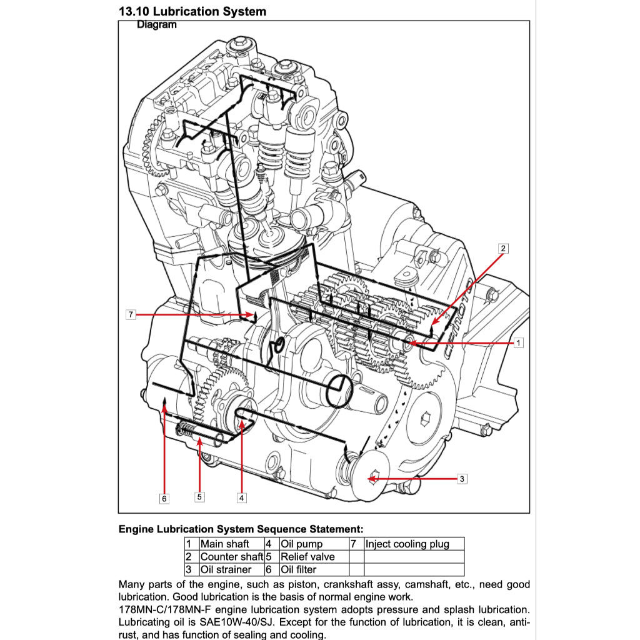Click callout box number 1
518,342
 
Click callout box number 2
503,248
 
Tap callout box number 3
462,479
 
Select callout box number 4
242,498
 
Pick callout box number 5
199,497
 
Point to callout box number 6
164,498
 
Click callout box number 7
131,314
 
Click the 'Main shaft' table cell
225,544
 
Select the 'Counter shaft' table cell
231,556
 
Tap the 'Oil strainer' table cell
226,569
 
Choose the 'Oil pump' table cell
301,544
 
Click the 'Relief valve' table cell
307,556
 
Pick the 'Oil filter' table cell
298,569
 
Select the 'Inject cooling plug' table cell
407,544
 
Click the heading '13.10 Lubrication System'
192,11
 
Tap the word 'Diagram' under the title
156,25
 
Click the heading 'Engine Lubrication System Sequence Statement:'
241,529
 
